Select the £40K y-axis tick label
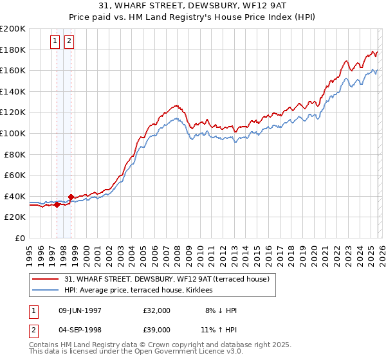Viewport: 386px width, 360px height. tap(14, 196)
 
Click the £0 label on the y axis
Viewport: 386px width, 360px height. tap(20, 238)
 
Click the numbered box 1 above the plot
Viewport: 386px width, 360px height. tap(56, 42)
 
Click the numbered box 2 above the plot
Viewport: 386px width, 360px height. tap(69, 42)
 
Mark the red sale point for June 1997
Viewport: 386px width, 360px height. tap(57, 204)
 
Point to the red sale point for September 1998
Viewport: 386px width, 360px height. tap(71, 197)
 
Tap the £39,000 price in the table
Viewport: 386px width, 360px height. tap(157, 331)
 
